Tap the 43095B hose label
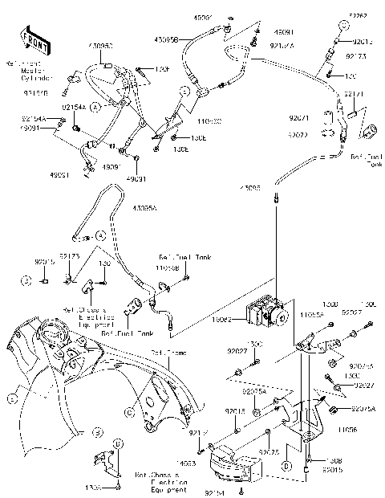pos(186,39)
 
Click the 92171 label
pos(355,94)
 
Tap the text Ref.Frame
pos(166,353)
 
